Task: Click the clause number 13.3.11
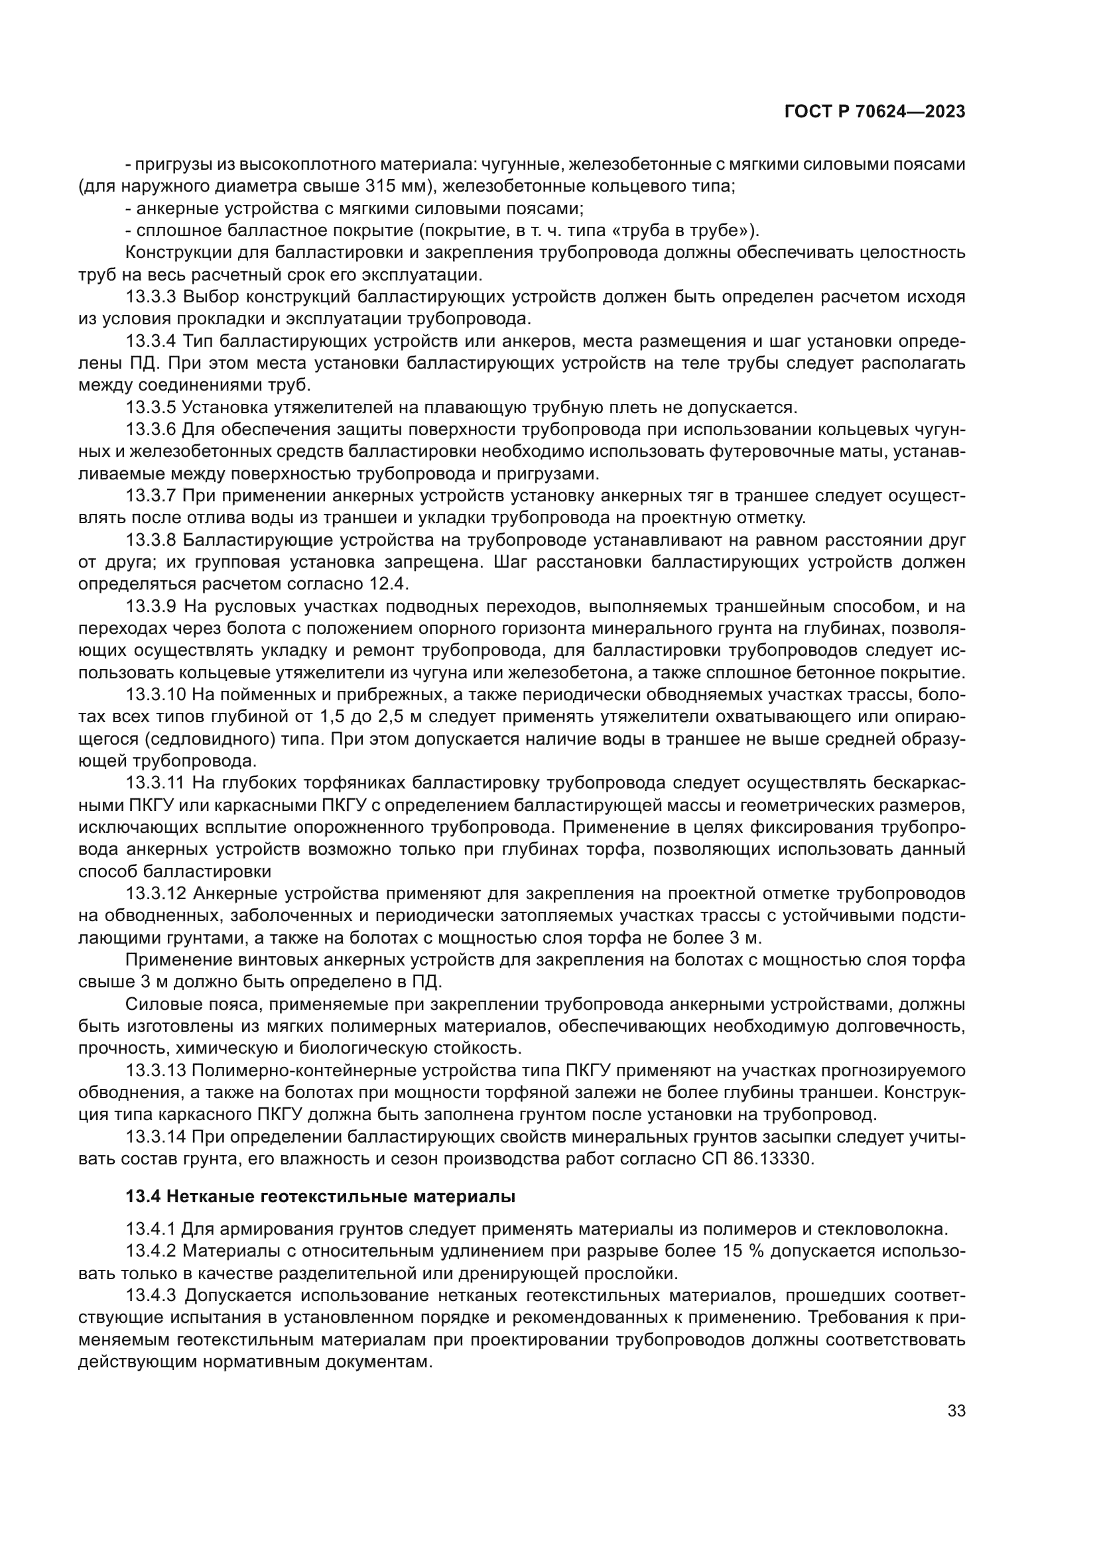156,783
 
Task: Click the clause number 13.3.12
156,894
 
